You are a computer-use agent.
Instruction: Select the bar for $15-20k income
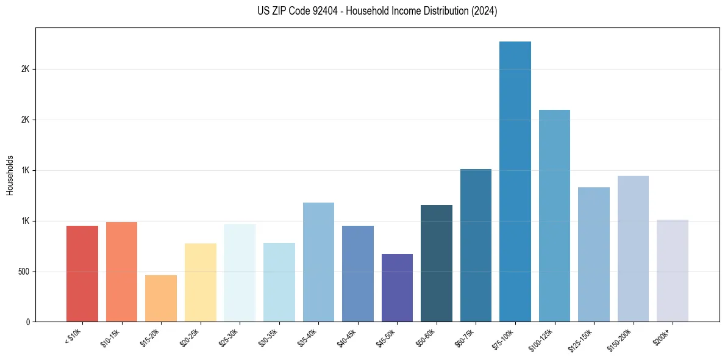[161, 298]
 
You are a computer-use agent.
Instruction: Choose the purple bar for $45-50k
[397, 287]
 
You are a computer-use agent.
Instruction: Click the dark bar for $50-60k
[437, 263]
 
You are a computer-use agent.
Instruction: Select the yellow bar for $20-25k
[201, 282]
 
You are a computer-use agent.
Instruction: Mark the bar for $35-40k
[318, 262]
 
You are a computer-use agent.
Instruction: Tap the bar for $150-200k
[633, 248]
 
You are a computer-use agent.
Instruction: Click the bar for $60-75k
[476, 245]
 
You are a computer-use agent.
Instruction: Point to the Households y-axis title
[10, 175]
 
